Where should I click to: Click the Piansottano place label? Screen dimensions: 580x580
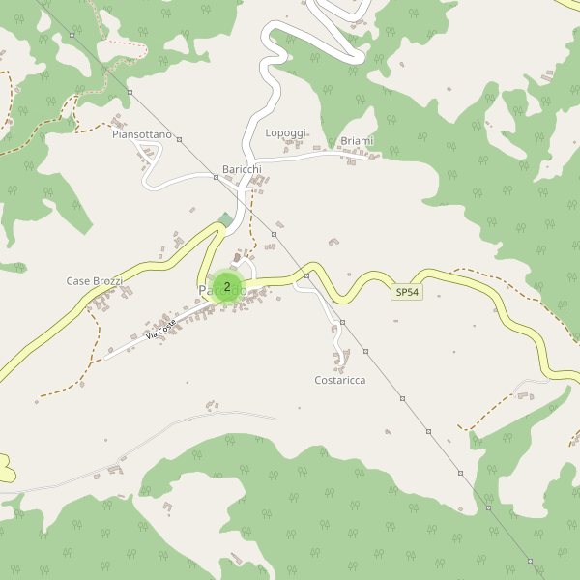pos(141,134)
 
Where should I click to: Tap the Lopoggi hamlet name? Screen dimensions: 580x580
pos(285,132)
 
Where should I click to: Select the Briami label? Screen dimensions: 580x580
pos(357,141)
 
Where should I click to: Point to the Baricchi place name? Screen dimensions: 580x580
pos(242,169)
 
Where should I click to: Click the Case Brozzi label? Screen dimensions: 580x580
pos(94,281)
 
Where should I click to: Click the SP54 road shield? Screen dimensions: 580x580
pos(407,292)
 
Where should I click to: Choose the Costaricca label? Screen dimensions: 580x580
pos(340,380)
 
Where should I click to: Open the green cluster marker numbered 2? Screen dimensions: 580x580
pos(227,287)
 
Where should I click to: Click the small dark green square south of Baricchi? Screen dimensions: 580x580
pos(226,219)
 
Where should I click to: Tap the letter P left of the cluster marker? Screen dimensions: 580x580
pos(203,290)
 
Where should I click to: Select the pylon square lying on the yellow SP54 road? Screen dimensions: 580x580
pos(306,275)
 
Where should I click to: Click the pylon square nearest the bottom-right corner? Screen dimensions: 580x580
pos(531,561)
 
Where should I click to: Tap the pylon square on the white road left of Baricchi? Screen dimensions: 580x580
pos(215,177)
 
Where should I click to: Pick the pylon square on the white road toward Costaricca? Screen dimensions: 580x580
pos(342,322)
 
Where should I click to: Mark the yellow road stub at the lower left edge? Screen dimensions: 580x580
pos(7,469)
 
